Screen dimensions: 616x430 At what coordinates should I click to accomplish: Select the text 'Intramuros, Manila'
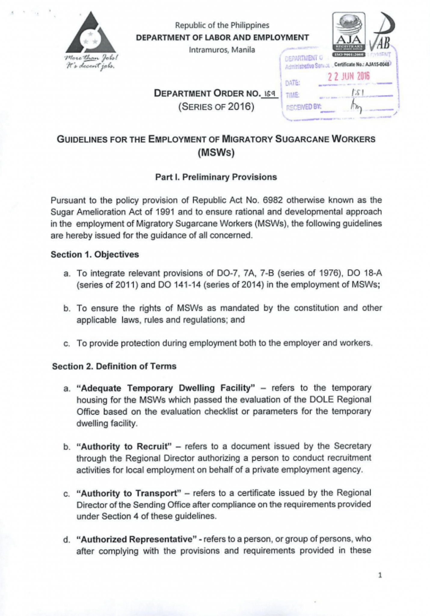point(222,50)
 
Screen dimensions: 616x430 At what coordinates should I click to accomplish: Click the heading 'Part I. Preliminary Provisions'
point(216,177)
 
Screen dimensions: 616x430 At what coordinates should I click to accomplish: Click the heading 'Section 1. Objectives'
point(95,255)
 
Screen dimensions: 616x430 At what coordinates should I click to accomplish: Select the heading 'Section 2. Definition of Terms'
point(114,366)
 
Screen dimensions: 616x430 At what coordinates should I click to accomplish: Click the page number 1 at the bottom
point(380,575)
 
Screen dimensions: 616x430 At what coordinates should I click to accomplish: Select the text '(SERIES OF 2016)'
point(216,106)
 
